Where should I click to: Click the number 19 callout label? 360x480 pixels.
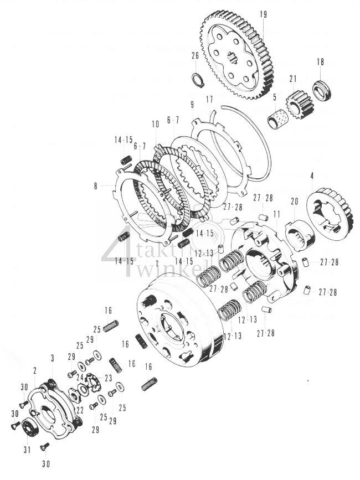263,14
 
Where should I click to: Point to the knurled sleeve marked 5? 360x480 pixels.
277,118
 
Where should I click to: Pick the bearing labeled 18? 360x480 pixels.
321,90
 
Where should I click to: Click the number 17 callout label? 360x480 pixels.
208,99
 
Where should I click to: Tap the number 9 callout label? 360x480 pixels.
191,104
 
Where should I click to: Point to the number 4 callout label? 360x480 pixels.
312,176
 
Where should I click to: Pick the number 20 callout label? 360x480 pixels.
294,201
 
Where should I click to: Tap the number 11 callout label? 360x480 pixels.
276,213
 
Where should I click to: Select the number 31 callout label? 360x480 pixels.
25,450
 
